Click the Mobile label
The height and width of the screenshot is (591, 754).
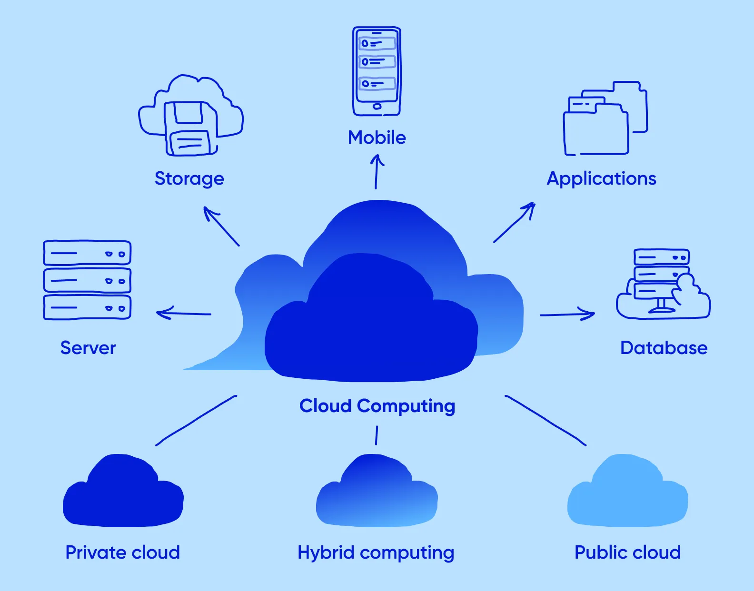tap(377, 138)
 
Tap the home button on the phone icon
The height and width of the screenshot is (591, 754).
tap(377, 107)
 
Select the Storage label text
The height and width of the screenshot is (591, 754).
tap(189, 178)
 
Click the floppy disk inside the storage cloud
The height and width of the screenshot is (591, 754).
tap(190, 128)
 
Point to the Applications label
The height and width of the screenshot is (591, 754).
tap(601, 178)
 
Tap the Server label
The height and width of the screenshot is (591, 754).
tap(88, 348)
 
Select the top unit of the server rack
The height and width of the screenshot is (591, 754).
tap(87, 253)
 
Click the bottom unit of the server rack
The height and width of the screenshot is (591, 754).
tap(87, 307)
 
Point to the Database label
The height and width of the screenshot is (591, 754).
tap(664, 348)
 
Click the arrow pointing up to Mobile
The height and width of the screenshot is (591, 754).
tap(377, 172)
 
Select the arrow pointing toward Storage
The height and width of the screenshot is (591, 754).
tap(221, 226)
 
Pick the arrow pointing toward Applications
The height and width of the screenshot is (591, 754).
tap(515, 222)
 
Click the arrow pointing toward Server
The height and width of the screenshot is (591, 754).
tap(184, 313)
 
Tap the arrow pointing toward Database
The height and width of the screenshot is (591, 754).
tap(567, 314)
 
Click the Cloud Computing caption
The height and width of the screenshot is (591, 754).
tap(377, 406)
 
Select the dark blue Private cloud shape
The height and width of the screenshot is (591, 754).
tap(123, 495)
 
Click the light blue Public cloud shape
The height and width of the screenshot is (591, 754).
tap(627, 495)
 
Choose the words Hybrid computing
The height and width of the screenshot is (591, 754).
tap(376, 553)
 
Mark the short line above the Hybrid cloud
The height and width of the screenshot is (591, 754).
tap(377, 435)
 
